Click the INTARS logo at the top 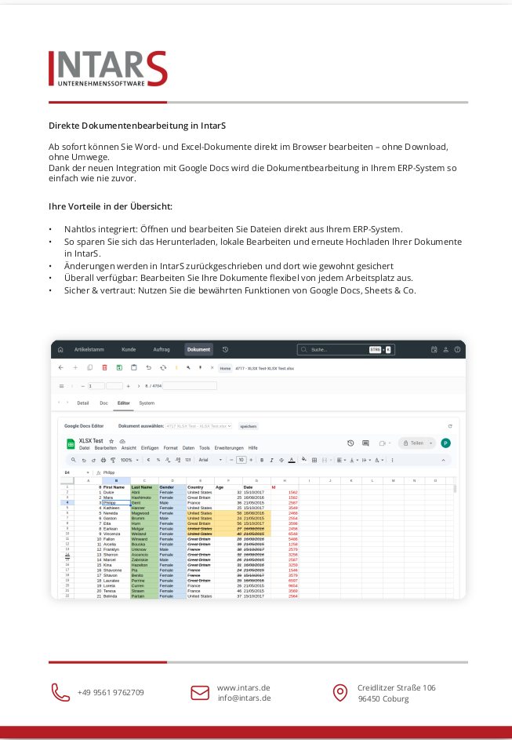pyautogui.click(x=107, y=69)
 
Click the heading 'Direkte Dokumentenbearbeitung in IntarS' pyautogui.click(x=137, y=125)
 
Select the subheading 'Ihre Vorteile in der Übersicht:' pyautogui.click(x=111, y=206)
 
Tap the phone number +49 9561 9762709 pyautogui.click(x=111, y=692)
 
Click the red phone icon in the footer pyautogui.click(x=60, y=692)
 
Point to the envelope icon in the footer pyautogui.click(x=200, y=692)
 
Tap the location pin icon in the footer pyautogui.click(x=340, y=692)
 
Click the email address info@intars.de pyautogui.click(x=244, y=698)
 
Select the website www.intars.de pyautogui.click(x=243, y=687)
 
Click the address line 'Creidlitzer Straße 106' pyautogui.click(x=396, y=687)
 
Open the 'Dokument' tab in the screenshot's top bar pyautogui.click(x=198, y=349)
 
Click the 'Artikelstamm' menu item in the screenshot pyautogui.click(x=89, y=349)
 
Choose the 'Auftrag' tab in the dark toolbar pyautogui.click(x=162, y=349)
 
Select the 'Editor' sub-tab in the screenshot pyautogui.click(x=123, y=403)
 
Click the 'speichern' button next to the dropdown pyautogui.click(x=248, y=426)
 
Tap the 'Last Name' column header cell pyautogui.click(x=141, y=487)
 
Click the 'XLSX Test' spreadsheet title pyautogui.click(x=92, y=441)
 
